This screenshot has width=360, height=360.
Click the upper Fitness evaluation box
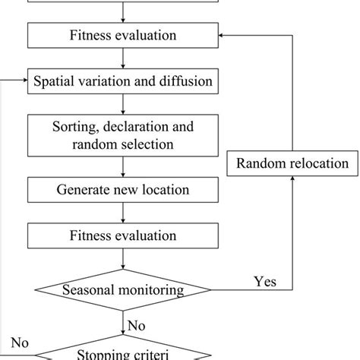[123, 36]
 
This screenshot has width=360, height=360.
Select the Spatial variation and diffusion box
[123, 79]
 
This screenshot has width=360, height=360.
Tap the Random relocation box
[292, 163]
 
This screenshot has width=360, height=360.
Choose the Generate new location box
[123, 188]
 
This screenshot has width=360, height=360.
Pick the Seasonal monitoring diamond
[123, 289]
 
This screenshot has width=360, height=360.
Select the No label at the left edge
[21, 343]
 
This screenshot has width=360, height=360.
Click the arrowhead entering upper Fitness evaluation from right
[222, 36]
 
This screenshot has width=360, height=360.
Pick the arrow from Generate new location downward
[123, 211]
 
